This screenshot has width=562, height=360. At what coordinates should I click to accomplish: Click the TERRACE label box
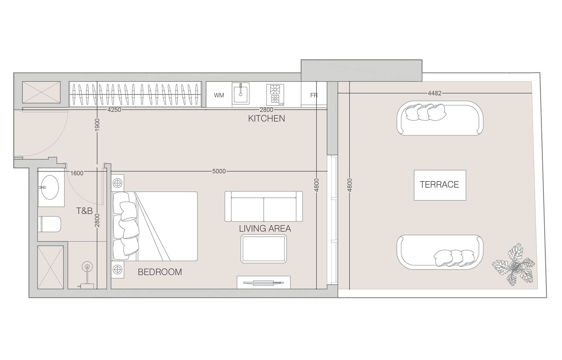[440, 185]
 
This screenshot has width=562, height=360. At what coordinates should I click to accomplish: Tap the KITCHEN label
[266, 118]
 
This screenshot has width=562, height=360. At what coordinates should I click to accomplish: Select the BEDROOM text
[160, 272]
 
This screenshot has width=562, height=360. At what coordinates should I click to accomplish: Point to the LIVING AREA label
[265, 228]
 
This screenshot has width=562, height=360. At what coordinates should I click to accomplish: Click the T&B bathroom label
[84, 211]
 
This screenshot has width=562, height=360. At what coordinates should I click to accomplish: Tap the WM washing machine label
[219, 95]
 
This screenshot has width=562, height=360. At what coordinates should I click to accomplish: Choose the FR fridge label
[314, 95]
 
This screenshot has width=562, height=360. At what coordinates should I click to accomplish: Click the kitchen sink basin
[241, 93]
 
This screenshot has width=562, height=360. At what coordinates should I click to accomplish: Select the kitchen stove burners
[275, 95]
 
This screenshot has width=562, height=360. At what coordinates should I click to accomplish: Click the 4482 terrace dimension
[434, 93]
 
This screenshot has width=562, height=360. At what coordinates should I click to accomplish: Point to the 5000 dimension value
[219, 171]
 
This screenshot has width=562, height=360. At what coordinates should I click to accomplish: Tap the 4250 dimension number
[114, 110]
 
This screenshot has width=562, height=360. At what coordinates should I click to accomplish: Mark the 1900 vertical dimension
[97, 124]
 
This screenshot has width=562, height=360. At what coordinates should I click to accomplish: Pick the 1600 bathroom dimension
[77, 173]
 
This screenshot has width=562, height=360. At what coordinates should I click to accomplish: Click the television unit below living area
[263, 282]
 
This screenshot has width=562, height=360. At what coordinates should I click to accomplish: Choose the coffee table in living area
[264, 249]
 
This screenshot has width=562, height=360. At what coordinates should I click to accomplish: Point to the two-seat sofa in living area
[264, 206]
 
